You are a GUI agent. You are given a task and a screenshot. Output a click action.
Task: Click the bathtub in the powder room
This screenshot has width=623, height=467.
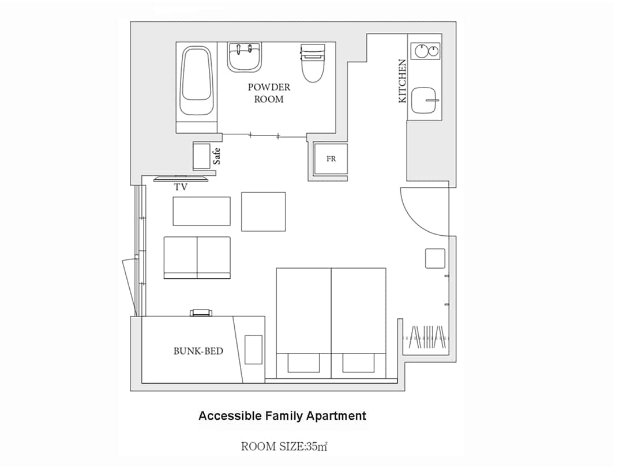(196, 81)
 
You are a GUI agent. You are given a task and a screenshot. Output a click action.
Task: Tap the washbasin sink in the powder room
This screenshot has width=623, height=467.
(245, 58)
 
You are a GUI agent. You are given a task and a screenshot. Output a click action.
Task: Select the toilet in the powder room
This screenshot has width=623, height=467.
(313, 63)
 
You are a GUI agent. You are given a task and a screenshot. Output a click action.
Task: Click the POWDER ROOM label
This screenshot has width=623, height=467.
(269, 93)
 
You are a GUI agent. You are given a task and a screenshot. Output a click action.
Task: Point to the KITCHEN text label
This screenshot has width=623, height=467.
(403, 81)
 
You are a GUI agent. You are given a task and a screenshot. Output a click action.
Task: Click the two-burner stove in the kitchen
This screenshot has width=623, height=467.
(426, 51)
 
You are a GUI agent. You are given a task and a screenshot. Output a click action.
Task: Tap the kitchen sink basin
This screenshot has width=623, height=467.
(425, 100)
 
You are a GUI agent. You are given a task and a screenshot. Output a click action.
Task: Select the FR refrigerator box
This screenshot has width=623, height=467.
(331, 159)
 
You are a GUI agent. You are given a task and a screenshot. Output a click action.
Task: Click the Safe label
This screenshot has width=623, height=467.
(216, 156)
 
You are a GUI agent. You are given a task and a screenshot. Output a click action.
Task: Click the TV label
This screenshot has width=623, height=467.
(181, 187)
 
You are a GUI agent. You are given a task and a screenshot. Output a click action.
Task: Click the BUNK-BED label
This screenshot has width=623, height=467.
(198, 351)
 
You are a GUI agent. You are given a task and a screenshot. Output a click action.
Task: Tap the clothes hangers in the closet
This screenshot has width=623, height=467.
(428, 337)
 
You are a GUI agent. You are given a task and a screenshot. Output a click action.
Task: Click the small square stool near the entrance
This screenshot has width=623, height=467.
(435, 258)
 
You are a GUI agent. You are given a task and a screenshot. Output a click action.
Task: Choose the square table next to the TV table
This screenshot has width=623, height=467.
(264, 212)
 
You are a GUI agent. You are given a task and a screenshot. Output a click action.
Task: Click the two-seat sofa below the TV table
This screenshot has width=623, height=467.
(197, 258)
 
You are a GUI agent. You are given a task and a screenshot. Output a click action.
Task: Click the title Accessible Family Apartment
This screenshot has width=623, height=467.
(283, 416)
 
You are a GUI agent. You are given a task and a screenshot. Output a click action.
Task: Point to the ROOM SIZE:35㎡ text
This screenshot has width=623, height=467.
(284, 446)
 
